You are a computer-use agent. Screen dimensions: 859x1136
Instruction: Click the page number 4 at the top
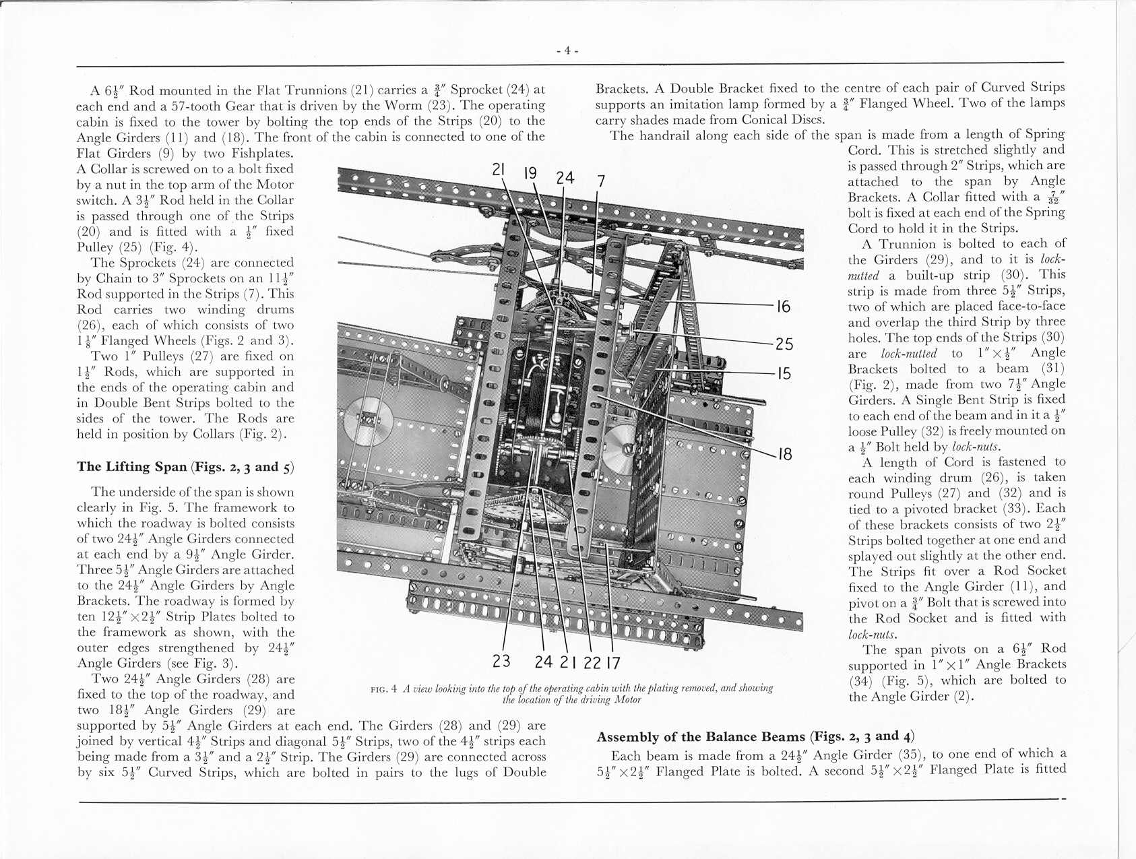click(x=567, y=51)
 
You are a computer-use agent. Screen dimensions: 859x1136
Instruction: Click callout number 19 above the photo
click(x=531, y=173)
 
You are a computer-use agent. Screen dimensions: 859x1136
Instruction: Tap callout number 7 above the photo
click(x=601, y=181)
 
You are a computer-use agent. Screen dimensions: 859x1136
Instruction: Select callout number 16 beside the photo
click(x=783, y=307)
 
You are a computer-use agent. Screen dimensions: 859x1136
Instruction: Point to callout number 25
click(x=784, y=344)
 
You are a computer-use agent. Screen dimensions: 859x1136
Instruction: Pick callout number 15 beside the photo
click(x=783, y=373)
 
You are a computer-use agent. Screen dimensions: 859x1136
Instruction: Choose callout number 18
click(x=784, y=455)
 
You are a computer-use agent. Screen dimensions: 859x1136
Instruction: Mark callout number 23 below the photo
click(x=501, y=661)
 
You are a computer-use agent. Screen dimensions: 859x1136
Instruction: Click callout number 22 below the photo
click(x=592, y=663)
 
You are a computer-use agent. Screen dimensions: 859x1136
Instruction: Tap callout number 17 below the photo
click(x=612, y=663)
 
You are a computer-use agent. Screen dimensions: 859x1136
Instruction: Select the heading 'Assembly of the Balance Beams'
click(x=701, y=737)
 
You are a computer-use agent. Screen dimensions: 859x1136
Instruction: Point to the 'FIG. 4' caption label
click(x=384, y=689)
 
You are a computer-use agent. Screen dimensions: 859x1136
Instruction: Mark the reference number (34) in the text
click(x=862, y=680)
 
